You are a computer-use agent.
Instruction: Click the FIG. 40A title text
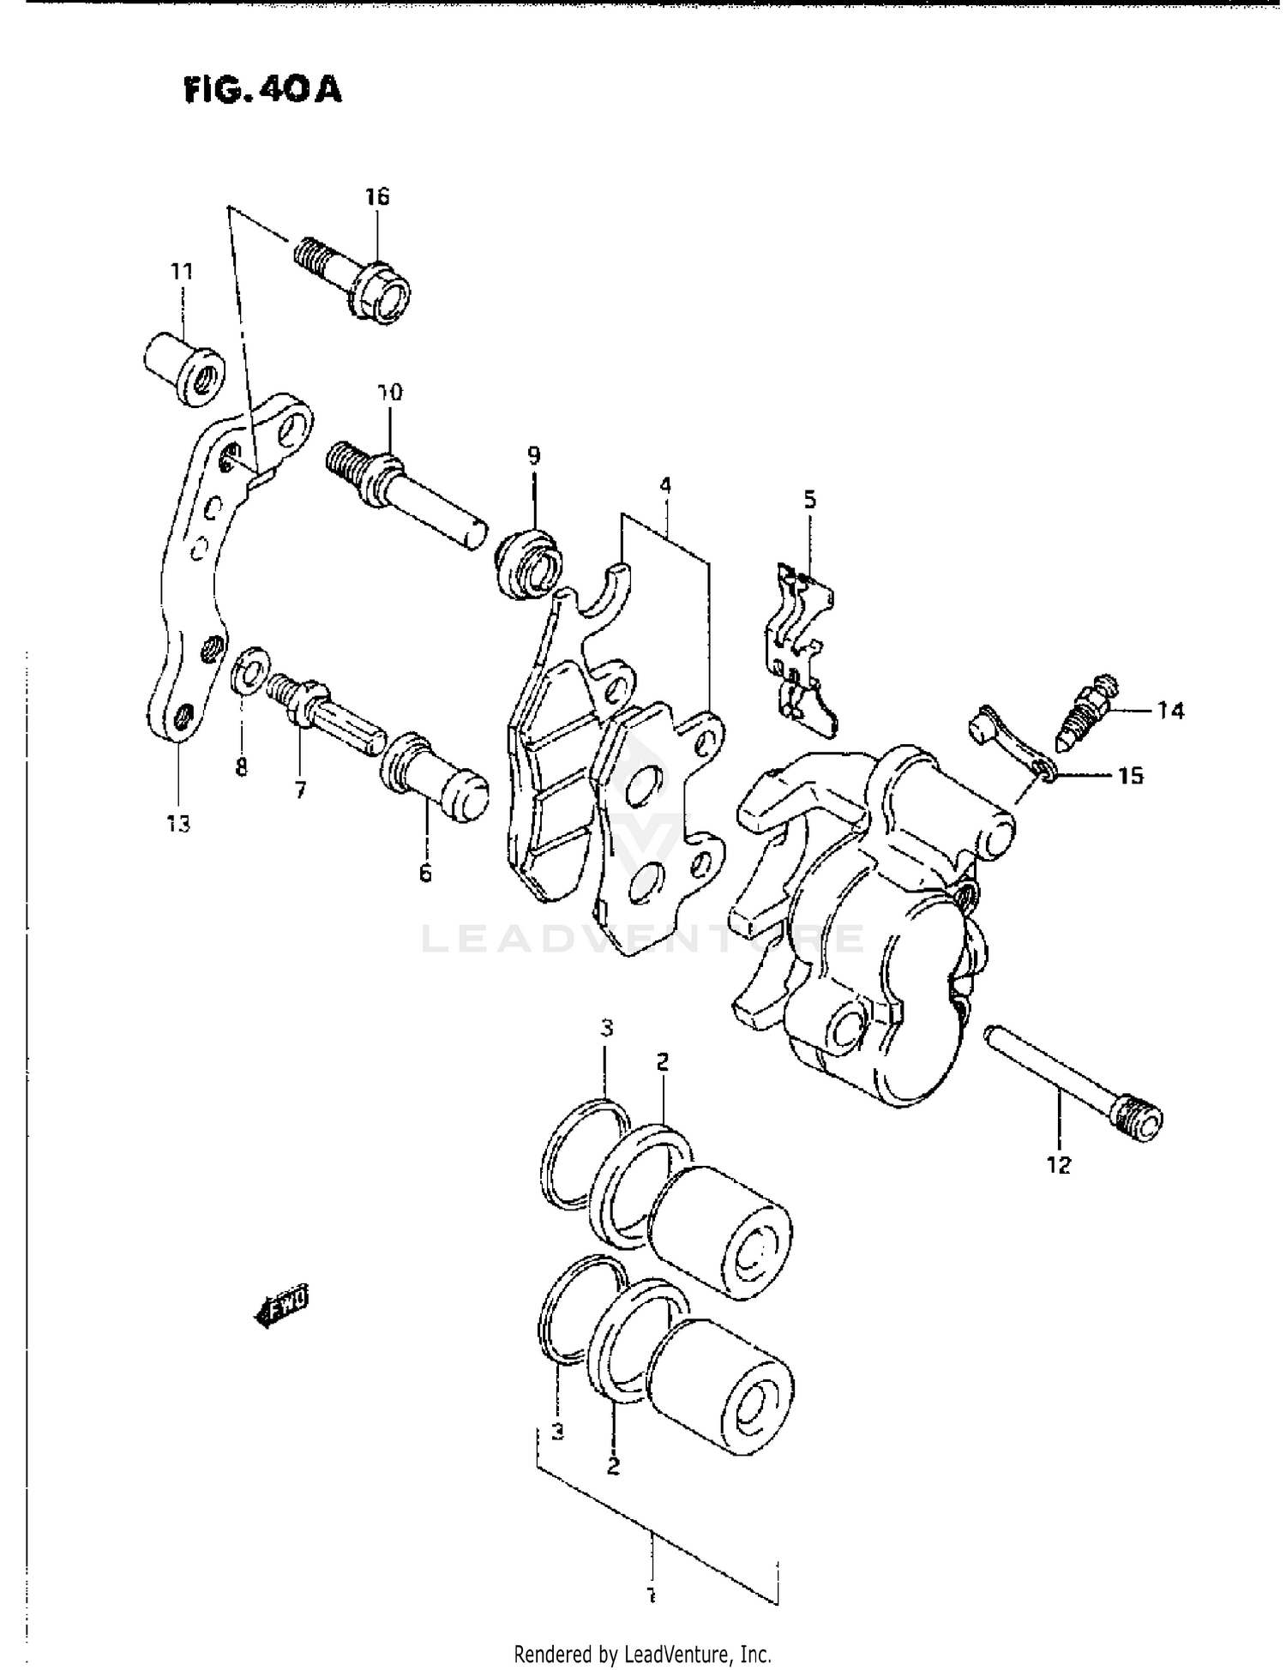[262, 89]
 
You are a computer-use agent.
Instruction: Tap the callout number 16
[377, 196]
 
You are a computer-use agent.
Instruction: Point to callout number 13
[178, 825]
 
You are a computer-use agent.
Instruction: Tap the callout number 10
[389, 393]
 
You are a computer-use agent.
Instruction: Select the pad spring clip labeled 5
[801, 650]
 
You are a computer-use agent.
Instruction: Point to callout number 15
[1130, 776]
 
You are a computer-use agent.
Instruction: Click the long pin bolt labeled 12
[1075, 1080]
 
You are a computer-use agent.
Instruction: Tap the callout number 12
[1059, 1166]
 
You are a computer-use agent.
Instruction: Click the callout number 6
[426, 874]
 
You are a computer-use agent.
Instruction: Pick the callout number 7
[300, 790]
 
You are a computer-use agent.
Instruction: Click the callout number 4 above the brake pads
[664, 486]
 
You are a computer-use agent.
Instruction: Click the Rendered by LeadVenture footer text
[642, 1654]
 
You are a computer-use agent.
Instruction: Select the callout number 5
[809, 500]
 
